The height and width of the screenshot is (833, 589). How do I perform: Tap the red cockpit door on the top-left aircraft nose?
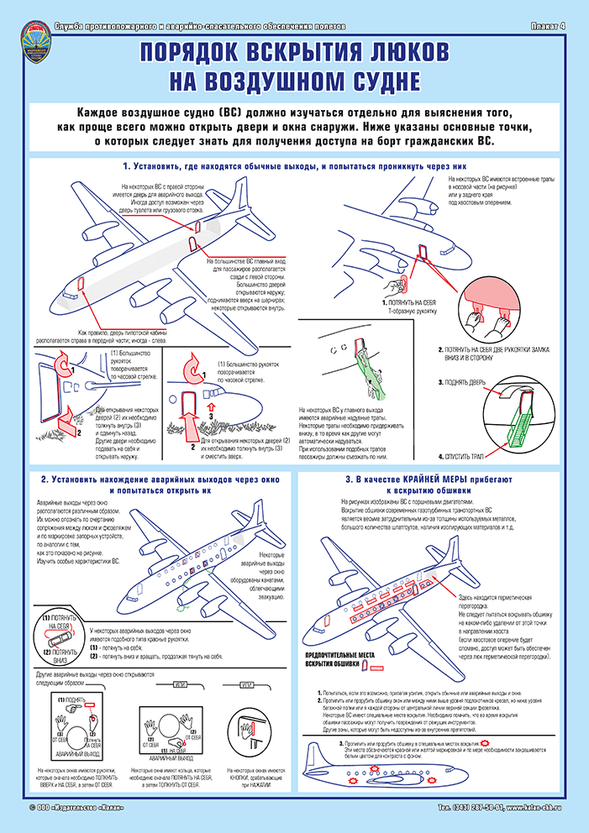[x=82, y=283]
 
